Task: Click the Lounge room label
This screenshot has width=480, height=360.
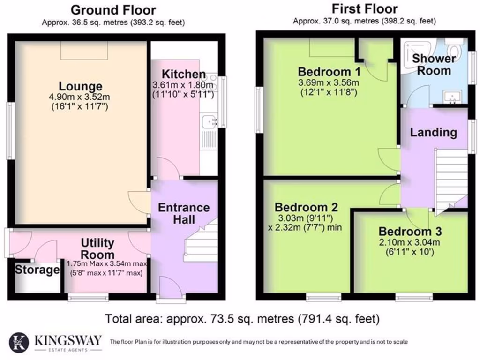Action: [80, 86]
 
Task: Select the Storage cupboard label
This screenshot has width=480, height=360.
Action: [37, 270]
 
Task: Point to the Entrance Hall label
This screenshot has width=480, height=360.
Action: [184, 213]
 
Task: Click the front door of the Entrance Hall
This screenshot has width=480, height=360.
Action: [171, 287]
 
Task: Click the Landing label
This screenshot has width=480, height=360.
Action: [434, 133]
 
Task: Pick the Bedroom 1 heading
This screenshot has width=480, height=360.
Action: [329, 72]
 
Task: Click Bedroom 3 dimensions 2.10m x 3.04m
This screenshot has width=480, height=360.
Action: [409, 243]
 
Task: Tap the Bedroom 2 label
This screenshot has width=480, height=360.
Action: [306, 207]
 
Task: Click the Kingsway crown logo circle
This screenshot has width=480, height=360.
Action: [19, 341]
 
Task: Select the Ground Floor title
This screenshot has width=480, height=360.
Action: [113, 10]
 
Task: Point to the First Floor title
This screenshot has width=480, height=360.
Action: [365, 9]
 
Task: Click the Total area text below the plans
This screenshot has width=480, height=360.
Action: [242, 319]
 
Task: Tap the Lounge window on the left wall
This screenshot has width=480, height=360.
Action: [11, 131]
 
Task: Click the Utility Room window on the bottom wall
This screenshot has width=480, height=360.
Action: [88, 297]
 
